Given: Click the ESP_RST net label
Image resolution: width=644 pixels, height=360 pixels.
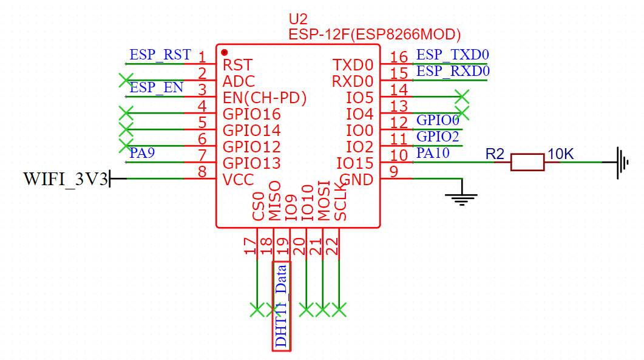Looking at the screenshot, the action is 160,55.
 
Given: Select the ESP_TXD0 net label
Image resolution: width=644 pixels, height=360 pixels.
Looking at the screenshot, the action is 453,55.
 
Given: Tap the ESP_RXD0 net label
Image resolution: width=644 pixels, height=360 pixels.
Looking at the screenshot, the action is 453,71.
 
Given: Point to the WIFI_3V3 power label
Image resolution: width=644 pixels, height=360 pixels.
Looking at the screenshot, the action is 66,179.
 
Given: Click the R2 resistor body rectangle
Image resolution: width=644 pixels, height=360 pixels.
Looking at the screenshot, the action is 527,162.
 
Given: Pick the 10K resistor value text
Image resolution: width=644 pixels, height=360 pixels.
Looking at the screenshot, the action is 560,154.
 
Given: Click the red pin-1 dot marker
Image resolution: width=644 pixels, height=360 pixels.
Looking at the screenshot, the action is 224,52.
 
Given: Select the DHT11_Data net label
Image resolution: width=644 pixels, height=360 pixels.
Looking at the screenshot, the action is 282,306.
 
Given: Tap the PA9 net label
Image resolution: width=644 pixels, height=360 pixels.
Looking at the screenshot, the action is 142,153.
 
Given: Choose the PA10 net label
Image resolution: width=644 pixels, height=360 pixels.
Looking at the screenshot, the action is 433,153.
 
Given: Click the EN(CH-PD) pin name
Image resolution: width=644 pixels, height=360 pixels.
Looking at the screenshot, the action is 265,98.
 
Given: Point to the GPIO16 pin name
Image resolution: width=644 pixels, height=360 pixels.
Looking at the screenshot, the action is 251,114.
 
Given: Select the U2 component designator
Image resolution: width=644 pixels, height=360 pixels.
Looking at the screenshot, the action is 298,19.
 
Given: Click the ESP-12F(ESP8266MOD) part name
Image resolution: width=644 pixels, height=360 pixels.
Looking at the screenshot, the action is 375,35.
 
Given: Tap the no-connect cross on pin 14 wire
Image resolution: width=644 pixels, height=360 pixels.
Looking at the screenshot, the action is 462,97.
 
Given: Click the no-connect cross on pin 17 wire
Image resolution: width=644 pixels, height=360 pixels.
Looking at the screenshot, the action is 257,310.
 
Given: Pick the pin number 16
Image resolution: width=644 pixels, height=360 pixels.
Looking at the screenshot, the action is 399,57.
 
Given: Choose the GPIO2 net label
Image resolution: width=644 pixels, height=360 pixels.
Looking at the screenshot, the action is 438,137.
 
